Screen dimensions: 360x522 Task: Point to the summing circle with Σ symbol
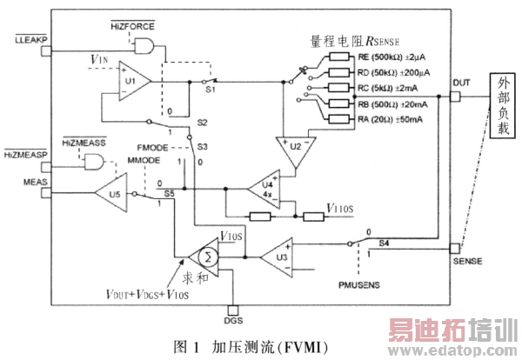click(207, 257)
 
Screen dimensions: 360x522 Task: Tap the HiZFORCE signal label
click(131, 29)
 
